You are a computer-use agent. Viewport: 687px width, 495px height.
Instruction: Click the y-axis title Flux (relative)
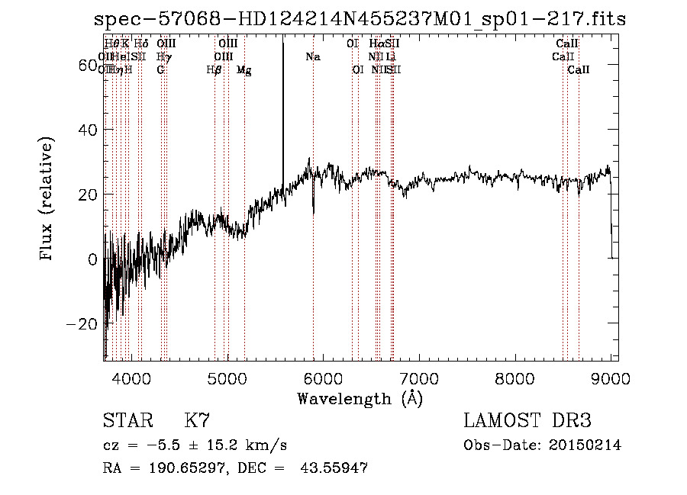pos(47,200)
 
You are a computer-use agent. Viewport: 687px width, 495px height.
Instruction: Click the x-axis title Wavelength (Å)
pos(360,398)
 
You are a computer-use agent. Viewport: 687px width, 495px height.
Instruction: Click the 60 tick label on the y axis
pos(86,66)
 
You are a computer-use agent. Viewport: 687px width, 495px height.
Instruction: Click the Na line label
pos(312,57)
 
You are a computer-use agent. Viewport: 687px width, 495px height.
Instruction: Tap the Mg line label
pos(244,70)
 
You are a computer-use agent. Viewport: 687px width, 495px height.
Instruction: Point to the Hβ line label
pos(214,70)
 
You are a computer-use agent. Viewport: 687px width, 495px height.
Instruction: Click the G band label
pos(160,70)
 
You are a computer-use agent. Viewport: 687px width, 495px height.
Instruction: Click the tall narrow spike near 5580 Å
pos(283,92)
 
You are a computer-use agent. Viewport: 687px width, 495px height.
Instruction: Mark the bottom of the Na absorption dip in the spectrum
pos(313,213)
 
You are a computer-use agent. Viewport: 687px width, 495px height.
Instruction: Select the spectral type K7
pos(196,421)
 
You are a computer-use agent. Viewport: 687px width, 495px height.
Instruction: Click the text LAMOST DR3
pos(527,421)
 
